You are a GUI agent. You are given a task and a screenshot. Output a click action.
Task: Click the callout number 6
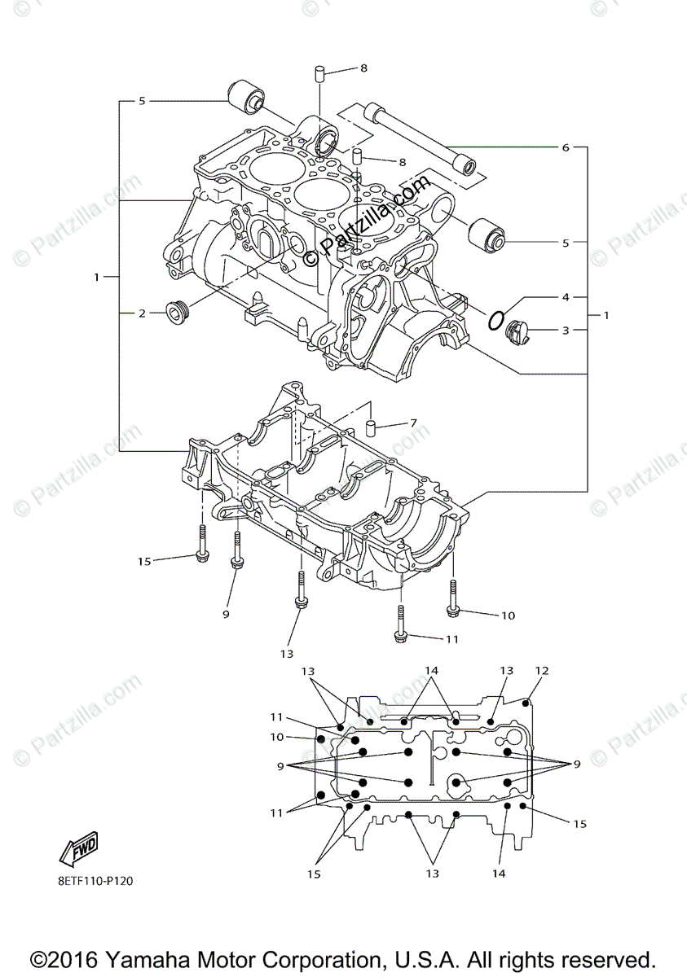(565, 148)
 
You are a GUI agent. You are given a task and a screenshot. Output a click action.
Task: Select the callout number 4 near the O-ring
(565, 297)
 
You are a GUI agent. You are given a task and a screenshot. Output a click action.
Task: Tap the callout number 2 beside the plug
(141, 313)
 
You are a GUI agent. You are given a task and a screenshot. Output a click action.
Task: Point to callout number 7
(413, 423)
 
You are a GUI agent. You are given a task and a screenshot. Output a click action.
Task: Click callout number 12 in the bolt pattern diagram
(542, 671)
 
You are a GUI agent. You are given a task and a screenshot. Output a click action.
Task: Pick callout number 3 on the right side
(565, 330)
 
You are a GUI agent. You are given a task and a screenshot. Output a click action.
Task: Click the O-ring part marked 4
(495, 319)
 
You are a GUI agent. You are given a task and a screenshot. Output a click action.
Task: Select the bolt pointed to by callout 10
(453, 599)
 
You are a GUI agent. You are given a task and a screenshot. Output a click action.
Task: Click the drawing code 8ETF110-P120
(95, 880)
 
